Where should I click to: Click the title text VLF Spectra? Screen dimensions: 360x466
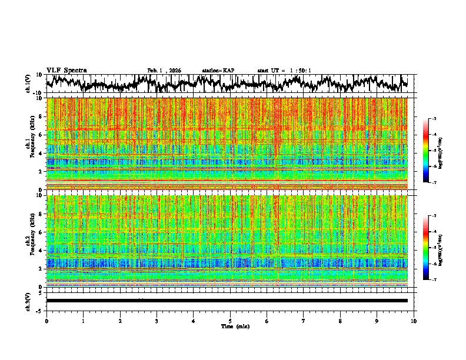pos(66,70)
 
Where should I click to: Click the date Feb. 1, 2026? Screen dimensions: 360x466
pos(164,71)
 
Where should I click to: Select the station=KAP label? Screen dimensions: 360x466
pos(218,71)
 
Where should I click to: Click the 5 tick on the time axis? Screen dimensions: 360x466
pos(230,321)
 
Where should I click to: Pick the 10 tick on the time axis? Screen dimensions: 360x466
pos(414,321)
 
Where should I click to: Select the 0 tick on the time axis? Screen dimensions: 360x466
pos(46,321)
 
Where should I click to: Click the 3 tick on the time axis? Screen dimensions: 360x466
pos(157,321)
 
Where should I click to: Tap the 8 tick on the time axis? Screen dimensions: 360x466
pos(340,321)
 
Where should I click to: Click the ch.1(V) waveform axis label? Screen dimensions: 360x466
pos(28,84)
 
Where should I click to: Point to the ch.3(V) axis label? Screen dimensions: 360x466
pos(28,301)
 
